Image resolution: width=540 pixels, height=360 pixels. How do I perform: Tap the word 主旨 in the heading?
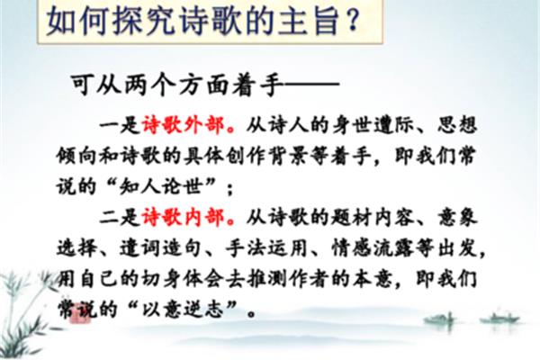309,21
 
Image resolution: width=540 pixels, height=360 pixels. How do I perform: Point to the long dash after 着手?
311,84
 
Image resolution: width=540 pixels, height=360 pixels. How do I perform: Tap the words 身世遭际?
373,125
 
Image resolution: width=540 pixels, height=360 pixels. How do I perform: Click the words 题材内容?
373,218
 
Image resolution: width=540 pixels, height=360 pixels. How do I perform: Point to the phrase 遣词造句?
160,248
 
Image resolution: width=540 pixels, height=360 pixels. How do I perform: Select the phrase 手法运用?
266,248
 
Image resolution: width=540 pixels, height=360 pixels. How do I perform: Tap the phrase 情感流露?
373,248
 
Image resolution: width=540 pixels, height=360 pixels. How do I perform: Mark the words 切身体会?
183,279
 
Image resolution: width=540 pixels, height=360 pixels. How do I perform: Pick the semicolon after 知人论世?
230,189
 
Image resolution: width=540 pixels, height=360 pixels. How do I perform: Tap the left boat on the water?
442,320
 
